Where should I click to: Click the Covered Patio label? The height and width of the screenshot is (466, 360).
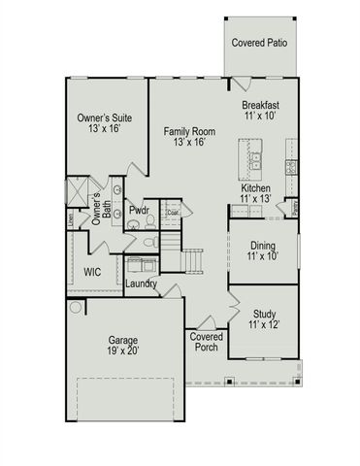coord(257,42)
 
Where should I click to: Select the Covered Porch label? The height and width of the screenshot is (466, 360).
coord(206,343)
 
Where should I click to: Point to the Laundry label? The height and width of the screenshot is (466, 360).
coord(143,283)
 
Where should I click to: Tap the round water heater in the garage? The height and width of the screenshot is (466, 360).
coord(76,307)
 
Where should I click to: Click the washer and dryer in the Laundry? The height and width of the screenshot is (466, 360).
coord(141,265)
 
